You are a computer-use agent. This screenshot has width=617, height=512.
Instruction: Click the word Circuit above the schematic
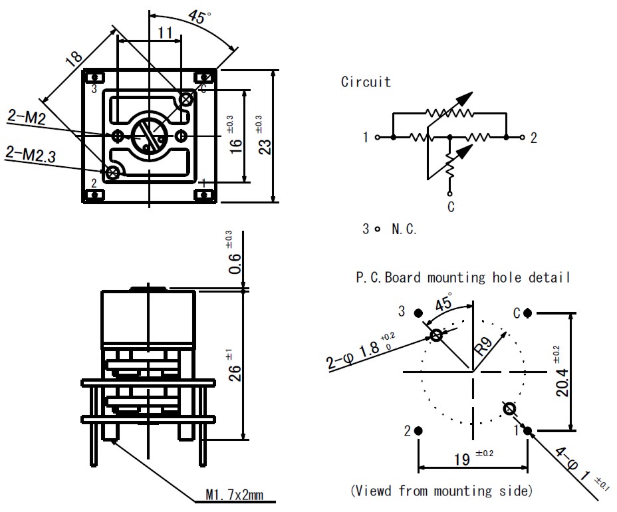point(366,82)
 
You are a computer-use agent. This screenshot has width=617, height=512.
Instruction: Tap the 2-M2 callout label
point(27,118)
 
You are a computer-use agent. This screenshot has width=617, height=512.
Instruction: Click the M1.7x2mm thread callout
point(234,495)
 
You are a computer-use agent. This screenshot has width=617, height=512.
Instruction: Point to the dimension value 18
point(74,61)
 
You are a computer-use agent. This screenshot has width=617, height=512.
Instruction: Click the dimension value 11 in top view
point(165,31)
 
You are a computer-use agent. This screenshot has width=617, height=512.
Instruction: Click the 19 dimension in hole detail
point(463,459)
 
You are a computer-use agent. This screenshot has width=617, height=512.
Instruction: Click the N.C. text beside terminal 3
point(404,229)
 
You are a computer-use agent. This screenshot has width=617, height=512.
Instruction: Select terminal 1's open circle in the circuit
point(378,138)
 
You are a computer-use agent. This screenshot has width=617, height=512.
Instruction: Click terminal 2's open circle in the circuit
point(523,138)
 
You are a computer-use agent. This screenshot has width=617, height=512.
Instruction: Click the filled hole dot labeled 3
point(419,313)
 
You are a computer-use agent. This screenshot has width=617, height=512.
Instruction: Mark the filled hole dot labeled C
point(527,313)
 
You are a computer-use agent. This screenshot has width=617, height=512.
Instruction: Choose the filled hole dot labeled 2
point(419,431)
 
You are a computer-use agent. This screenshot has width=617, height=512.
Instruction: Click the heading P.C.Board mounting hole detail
point(463,277)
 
